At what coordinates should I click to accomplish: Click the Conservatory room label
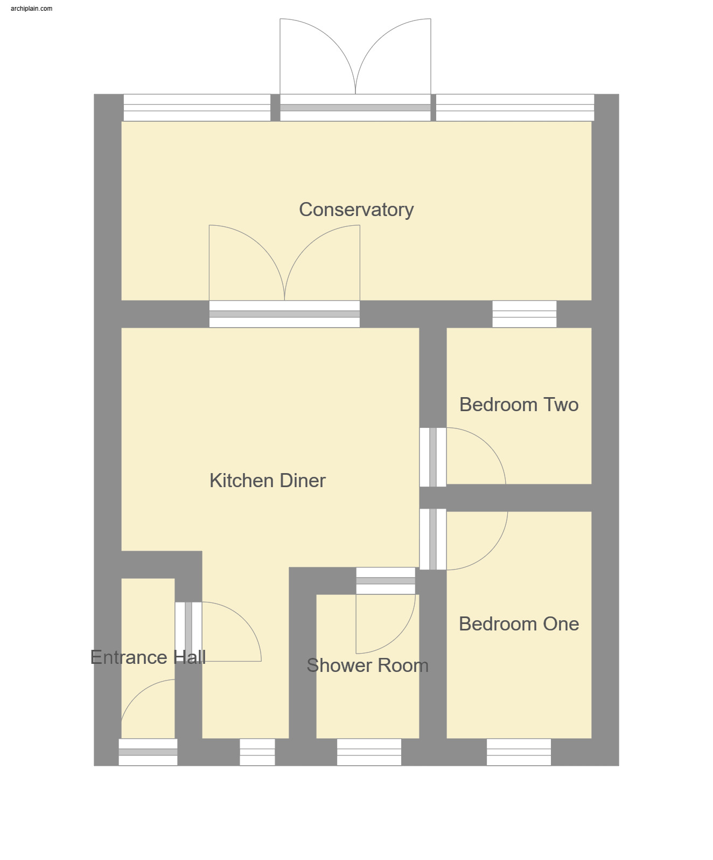pyautogui.click(x=356, y=210)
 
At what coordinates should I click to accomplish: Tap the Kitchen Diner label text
pyautogui.click(x=268, y=481)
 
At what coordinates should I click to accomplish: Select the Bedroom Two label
pyautogui.click(x=519, y=405)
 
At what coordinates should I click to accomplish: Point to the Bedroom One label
pyautogui.click(x=519, y=624)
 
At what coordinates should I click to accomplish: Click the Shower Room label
pyautogui.click(x=367, y=665)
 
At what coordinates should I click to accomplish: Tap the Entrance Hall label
pyautogui.click(x=148, y=657)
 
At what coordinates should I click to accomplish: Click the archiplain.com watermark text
pyautogui.click(x=32, y=9)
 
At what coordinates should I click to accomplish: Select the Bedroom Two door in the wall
pyautogui.click(x=433, y=457)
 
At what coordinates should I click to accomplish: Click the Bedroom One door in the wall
pyautogui.click(x=433, y=539)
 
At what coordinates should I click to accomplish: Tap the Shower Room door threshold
pyautogui.click(x=386, y=581)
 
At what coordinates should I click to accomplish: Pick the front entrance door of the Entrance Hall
pyautogui.click(x=148, y=752)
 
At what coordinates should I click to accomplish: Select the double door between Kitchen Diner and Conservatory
pyautogui.click(x=284, y=314)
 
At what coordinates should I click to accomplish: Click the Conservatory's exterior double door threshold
pyautogui.click(x=355, y=108)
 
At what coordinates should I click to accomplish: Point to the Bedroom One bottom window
pyautogui.click(x=519, y=752)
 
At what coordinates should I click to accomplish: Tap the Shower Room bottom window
pyautogui.click(x=369, y=752)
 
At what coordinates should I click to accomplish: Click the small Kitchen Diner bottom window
pyautogui.click(x=257, y=752)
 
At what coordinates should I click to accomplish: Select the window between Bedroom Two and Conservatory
pyautogui.click(x=524, y=314)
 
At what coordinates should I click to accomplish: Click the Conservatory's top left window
pyautogui.click(x=197, y=108)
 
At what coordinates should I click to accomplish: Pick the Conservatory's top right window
pyautogui.click(x=515, y=108)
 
